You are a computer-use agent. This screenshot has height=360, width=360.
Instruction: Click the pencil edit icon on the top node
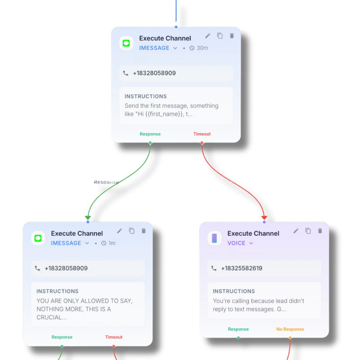[x=207, y=36]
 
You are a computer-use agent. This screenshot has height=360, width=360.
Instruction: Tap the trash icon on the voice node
[x=320, y=231]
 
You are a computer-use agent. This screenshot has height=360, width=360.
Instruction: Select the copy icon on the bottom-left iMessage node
[x=131, y=231]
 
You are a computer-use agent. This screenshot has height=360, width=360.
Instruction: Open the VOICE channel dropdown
[x=240, y=243]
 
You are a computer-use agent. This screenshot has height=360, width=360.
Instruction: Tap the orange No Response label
[x=290, y=329]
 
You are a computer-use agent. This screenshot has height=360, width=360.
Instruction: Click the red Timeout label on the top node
[x=202, y=134]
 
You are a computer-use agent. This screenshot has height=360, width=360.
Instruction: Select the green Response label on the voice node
[x=238, y=329]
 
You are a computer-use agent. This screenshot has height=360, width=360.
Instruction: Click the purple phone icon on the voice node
[x=215, y=238]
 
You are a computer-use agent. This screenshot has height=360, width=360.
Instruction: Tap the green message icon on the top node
[x=126, y=43]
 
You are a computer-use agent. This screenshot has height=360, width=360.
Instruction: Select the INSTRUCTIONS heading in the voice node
[x=234, y=291]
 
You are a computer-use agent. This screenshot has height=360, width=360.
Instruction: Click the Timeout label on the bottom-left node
[x=114, y=337]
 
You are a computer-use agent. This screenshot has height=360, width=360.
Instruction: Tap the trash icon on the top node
[x=232, y=36]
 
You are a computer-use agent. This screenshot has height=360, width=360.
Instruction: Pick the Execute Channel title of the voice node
[x=253, y=234]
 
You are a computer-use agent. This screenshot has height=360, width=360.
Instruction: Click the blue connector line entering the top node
[x=176, y=11]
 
